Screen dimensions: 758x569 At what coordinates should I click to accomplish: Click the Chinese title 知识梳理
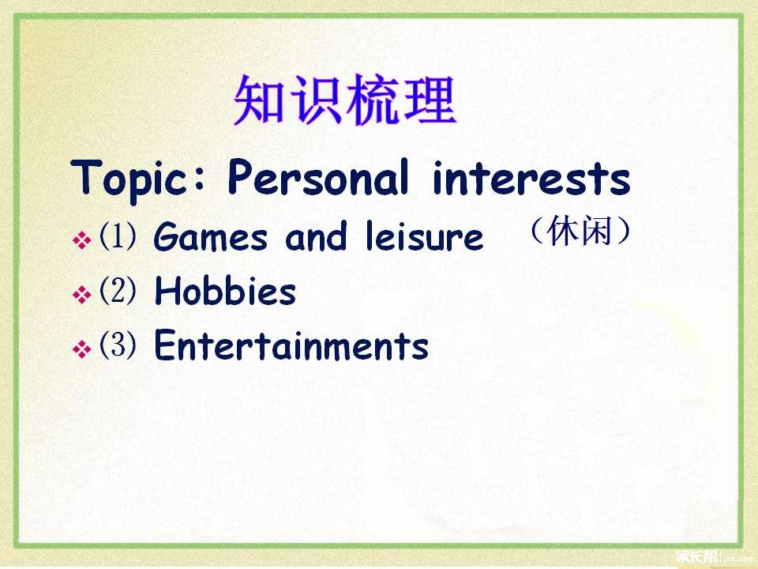[x=345, y=100]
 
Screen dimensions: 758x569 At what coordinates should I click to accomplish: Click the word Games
[x=210, y=236]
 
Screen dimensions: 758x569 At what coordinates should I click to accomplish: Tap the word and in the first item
[x=316, y=236]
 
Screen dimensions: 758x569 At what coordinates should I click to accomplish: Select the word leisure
[x=424, y=236]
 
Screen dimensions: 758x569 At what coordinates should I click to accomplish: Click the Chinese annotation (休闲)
[x=580, y=231]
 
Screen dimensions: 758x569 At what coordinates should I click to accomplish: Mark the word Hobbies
[x=225, y=291]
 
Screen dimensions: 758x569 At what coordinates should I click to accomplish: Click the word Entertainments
[x=291, y=345]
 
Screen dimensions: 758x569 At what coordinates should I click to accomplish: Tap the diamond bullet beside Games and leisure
[x=81, y=240]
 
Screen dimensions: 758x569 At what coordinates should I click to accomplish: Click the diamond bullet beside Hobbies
[x=81, y=295]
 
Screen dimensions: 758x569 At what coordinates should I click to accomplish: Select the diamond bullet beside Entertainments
[x=81, y=349]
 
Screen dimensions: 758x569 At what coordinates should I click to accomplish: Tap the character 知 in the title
[x=259, y=100]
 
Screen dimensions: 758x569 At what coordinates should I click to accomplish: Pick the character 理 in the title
[x=430, y=100]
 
